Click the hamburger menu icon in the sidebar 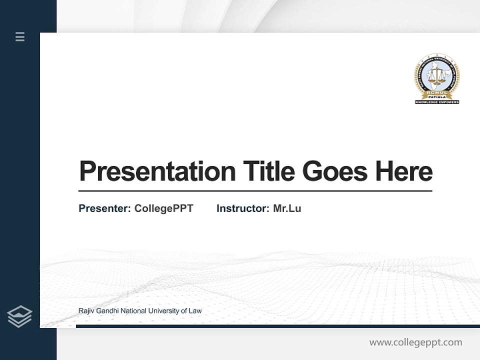coord(20,36)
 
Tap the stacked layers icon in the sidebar coord(19,316)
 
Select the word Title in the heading coord(269,171)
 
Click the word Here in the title coord(403,171)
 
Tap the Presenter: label coord(104,208)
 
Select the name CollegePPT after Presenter coord(163,208)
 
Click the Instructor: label coord(242,208)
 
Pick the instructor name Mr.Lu coord(287,208)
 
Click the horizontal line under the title coord(255,191)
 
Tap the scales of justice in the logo coord(436,76)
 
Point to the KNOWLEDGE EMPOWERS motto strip coord(436,102)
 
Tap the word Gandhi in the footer coord(106,311)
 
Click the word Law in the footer coord(195,311)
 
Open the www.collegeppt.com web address coord(415,342)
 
